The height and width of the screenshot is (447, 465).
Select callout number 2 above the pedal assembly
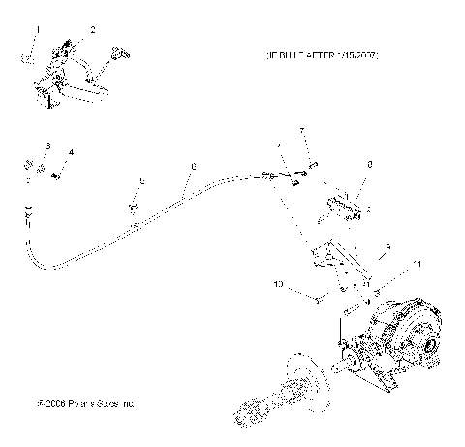(92, 29)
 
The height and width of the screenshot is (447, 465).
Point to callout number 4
(71, 152)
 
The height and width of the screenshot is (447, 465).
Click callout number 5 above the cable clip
(141, 181)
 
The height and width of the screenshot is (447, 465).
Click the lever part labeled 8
(339, 206)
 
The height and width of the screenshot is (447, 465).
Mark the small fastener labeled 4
(57, 175)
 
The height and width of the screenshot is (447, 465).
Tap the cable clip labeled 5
(133, 208)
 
